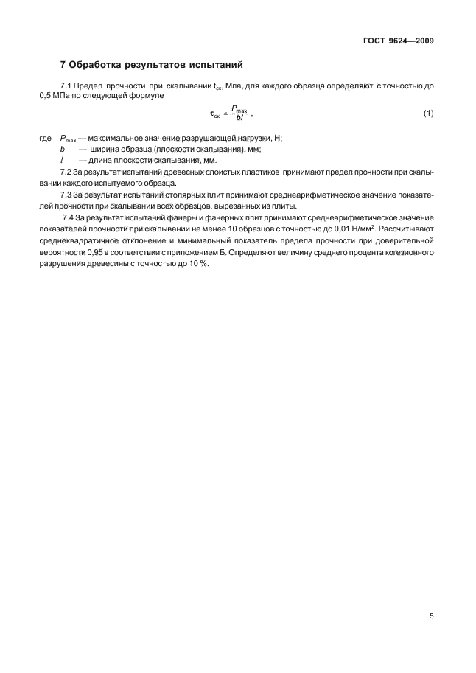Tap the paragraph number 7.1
66,86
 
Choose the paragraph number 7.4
68,217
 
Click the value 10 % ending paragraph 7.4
197,264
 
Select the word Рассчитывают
401,229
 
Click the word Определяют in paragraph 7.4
262,252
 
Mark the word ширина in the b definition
104,150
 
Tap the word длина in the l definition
102,161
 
